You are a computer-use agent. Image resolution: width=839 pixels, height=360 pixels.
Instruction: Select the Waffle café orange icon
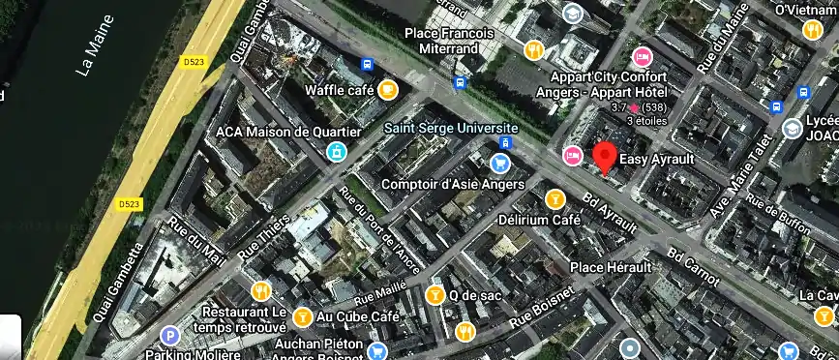pos(387,90)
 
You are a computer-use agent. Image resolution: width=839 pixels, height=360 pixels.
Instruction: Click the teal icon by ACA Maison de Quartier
pos(336,151)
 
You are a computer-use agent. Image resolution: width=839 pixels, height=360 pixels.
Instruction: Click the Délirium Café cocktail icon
pos(554,199)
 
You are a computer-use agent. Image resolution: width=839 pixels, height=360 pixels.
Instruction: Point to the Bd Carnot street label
pos(693,267)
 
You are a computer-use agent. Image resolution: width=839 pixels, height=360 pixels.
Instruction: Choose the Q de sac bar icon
pos(435,294)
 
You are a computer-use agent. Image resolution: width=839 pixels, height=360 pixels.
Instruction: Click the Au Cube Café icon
pos(302,315)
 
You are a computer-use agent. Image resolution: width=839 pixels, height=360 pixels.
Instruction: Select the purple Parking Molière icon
pos(170,336)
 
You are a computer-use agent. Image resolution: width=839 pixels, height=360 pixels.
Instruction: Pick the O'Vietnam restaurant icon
pos(812,29)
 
